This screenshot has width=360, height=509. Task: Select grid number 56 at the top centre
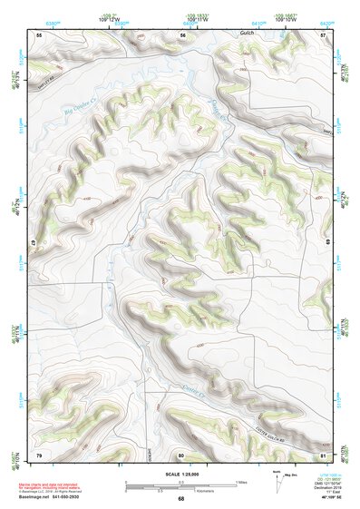[183, 34]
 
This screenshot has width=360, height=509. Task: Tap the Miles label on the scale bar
[241, 481]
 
